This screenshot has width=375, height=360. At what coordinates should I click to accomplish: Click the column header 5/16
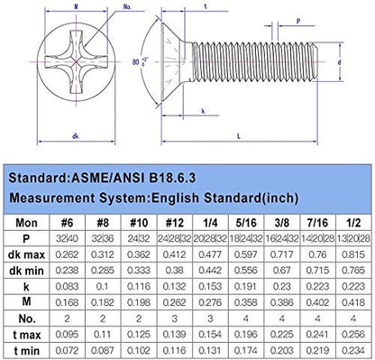246,223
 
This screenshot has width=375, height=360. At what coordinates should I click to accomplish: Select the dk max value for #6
67,254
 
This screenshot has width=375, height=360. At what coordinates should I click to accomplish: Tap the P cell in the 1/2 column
353,239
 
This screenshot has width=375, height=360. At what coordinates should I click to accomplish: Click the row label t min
26,351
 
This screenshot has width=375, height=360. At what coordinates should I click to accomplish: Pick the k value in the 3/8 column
282,286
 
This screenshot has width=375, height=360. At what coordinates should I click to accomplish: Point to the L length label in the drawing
239,136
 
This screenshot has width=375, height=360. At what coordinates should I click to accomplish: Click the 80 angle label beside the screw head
136,62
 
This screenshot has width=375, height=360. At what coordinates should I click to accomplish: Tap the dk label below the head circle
76,136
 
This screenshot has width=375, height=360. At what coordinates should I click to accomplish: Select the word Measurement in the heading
51,198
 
